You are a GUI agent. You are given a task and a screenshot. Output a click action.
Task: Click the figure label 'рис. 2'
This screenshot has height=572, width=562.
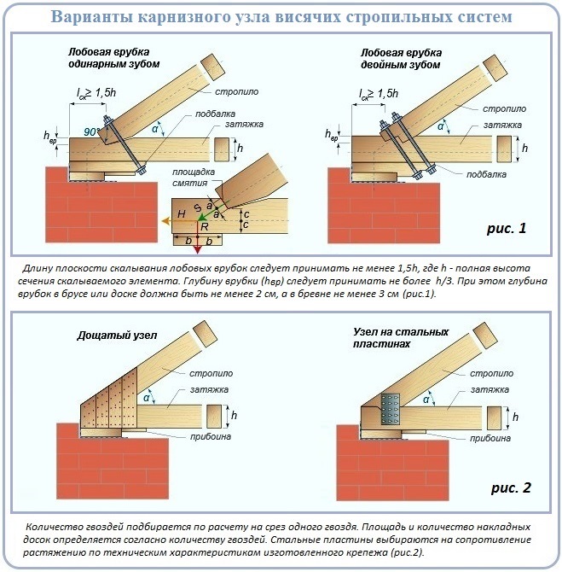click(x=510, y=488)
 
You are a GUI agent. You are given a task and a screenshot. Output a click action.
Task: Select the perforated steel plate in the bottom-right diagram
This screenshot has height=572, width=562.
click(x=390, y=409)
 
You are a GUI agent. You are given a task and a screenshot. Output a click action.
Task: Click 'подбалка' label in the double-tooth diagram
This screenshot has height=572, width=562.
click(x=487, y=174)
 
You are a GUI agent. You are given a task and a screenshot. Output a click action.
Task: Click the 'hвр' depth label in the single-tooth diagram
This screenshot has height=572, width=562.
click(x=49, y=136)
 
